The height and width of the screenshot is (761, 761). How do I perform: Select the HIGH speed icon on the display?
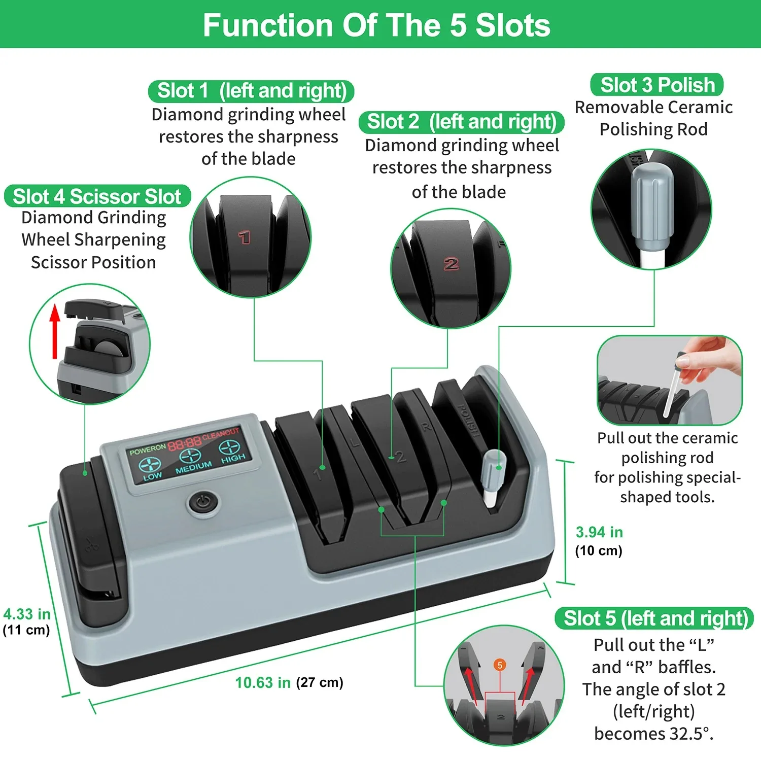click(x=229, y=448)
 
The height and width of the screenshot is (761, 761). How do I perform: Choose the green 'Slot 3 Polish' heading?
click(x=657, y=85)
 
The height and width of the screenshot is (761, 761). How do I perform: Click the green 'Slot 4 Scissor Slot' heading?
click(x=97, y=196)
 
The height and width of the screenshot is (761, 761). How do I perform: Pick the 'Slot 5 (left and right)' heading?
click(x=655, y=618)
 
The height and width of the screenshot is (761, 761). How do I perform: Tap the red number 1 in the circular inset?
click(x=245, y=237)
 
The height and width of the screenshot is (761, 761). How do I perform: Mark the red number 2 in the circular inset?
click(x=451, y=264)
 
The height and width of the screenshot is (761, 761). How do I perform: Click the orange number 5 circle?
click(x=500, y=665)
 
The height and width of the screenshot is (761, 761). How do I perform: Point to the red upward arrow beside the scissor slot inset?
click(x=55, y=330)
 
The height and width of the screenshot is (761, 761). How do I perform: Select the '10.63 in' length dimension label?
click(x=263, y=683)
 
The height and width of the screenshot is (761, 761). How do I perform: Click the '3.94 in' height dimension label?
click(x=599, y=532)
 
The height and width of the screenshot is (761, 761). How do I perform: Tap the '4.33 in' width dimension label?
click(x=27, y=614)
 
